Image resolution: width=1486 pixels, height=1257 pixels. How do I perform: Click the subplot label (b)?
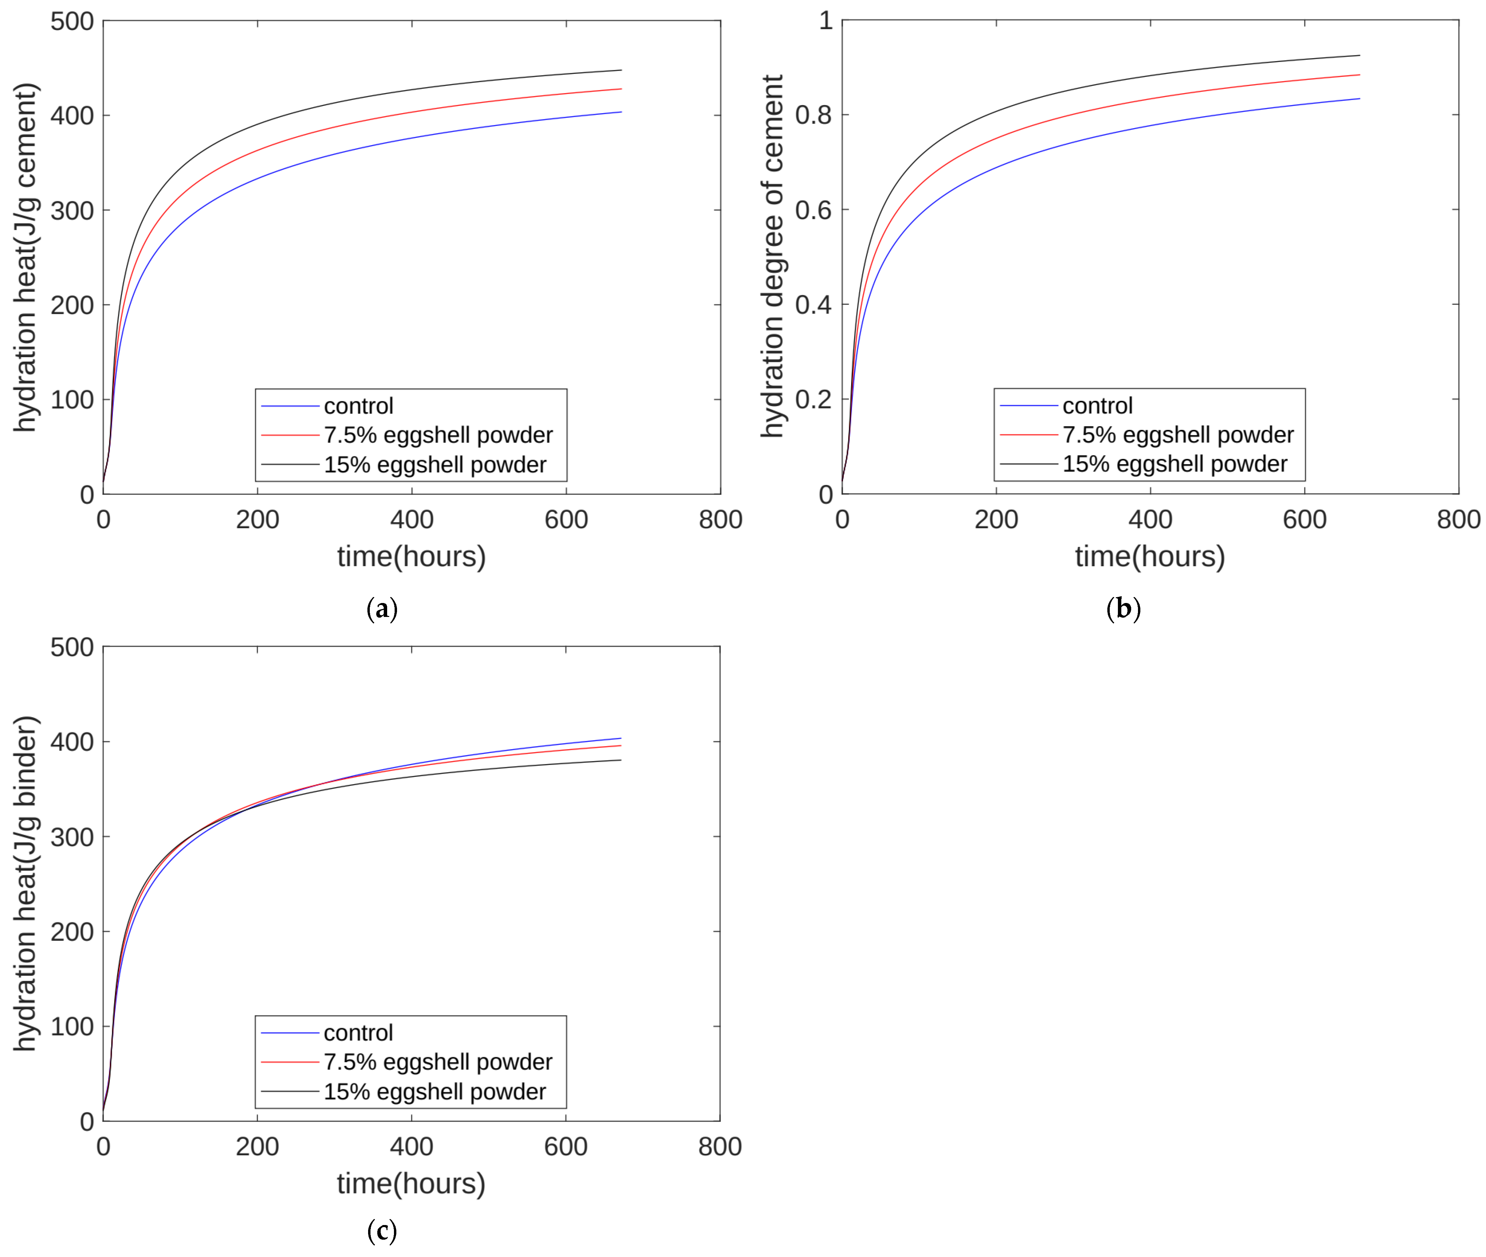[x=1123, y=609]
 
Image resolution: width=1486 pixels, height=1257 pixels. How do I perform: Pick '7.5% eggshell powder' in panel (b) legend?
[x=1177, y=435]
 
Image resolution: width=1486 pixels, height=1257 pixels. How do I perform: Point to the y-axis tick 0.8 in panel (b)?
[x=813, y=115]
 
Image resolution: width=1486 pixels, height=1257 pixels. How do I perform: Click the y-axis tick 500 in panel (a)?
[x=72, y=21]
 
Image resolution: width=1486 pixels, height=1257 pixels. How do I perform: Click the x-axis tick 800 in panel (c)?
[x=720, y=1146]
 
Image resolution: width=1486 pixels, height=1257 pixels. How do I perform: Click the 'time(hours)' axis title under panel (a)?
[x=411, y=556]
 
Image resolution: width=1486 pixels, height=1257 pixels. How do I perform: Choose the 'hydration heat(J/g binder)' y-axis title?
[x=26, y=884]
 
